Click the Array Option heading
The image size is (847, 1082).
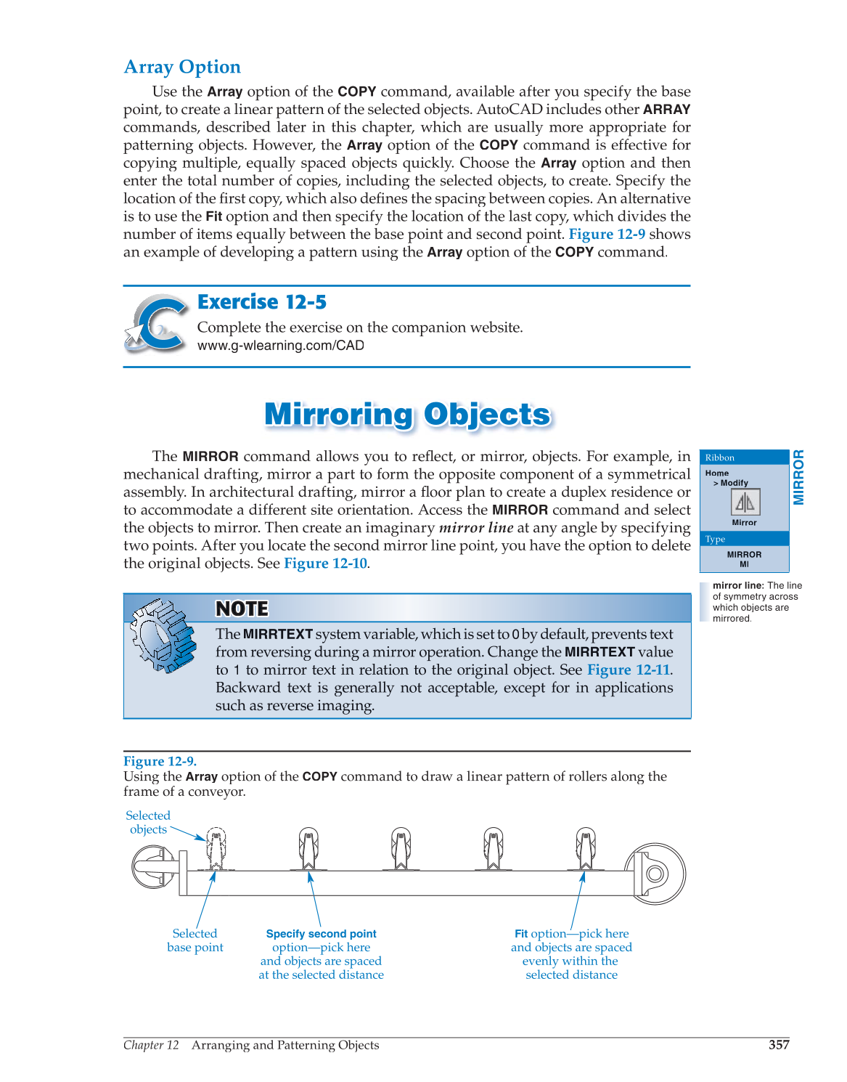[x=182, y=67]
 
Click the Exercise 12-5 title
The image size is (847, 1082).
[x=262, y=302]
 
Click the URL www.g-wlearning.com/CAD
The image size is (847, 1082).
[x=280, y=346]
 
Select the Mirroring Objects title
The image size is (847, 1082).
[x=407, y=415]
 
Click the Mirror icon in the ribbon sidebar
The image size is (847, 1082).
[x=745, y=502]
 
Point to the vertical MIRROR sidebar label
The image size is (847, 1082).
[x=798, y=477]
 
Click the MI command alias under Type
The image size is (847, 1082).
[x=744, y=564]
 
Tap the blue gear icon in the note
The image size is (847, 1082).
[x=164, y=635]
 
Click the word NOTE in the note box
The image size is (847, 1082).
[x=242, y=609]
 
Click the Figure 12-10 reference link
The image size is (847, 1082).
[x=325, y=564]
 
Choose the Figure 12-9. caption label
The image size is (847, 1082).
[x=160, y=761]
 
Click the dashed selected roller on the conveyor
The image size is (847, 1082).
[x=216, y=847]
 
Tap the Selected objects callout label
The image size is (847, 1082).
[x=148, y=823]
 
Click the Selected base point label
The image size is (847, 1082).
[x=195, y=940]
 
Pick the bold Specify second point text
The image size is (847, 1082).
[x=321, y=934]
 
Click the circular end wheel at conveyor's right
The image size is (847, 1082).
[x=655, y=874]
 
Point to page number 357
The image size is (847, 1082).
[x=779, y=1045]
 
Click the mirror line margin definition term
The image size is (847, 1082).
[x=737, y=585]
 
